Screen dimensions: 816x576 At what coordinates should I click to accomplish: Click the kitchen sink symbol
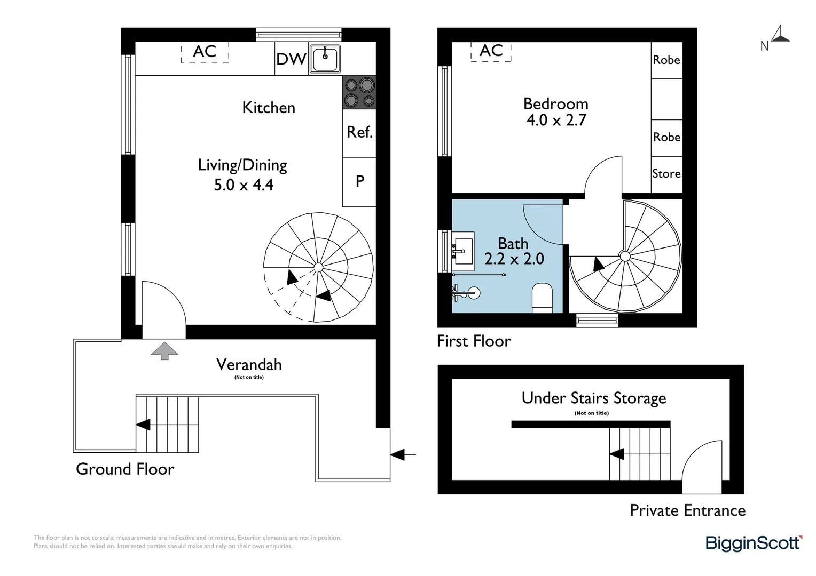[x=325, y=58]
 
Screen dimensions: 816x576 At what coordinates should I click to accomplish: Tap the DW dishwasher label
[x=291, y=59]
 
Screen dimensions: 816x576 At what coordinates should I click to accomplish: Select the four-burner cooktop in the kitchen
[x=359, y=92]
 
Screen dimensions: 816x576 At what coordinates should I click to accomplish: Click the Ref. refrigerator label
[x=359, y=132]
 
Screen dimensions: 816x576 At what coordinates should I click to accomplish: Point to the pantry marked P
[x=359, y=181]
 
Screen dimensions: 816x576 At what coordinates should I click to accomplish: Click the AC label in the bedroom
[x=491, y=51]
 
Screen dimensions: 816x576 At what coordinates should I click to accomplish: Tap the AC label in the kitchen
[x=205, y=52]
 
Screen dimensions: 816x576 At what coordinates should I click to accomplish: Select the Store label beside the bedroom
[x=666, y=173]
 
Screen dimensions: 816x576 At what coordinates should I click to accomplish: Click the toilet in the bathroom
[x=543, y=298]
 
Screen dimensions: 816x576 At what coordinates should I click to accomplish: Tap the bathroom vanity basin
[x=463, y=251]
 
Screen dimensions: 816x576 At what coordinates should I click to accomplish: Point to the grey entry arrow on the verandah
[x=164, y=351]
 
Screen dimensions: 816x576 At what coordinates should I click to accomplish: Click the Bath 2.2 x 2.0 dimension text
[x=514, y=251]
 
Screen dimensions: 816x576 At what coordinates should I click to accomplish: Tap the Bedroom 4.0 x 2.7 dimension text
[x=556, y=111]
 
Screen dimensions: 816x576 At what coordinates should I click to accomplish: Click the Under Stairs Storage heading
[x=594, y=398]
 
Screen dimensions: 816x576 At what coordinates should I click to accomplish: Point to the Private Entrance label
[x=688, y=510]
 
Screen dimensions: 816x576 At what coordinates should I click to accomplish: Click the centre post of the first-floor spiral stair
[x=625, y=256]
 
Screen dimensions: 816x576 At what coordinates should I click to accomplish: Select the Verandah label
[x=249, y=365]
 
